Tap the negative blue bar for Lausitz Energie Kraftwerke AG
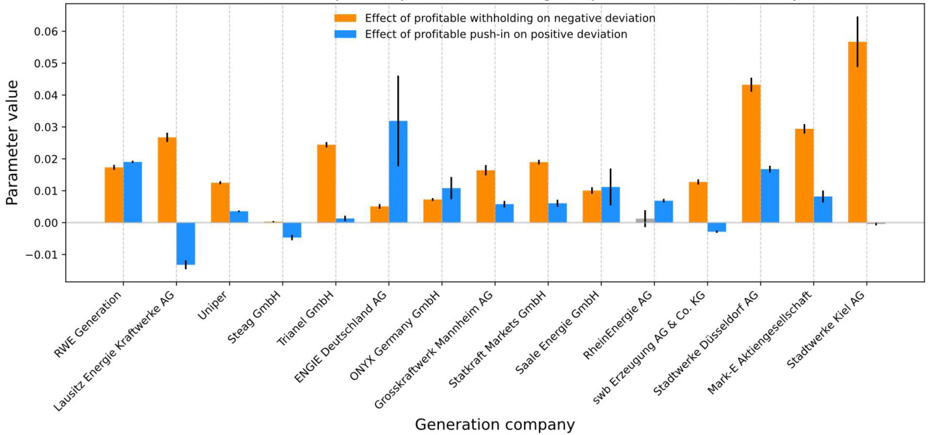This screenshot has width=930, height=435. [x=186, y=244]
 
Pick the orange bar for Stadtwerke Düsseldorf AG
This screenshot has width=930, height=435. [x=751, y=154]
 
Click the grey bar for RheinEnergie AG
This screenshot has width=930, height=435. [x=645, y=220]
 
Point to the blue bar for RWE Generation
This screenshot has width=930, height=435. [x=133, y=192]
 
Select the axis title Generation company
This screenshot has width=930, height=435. [x=495, y=424]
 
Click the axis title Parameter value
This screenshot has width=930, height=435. [x=12, y=142]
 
